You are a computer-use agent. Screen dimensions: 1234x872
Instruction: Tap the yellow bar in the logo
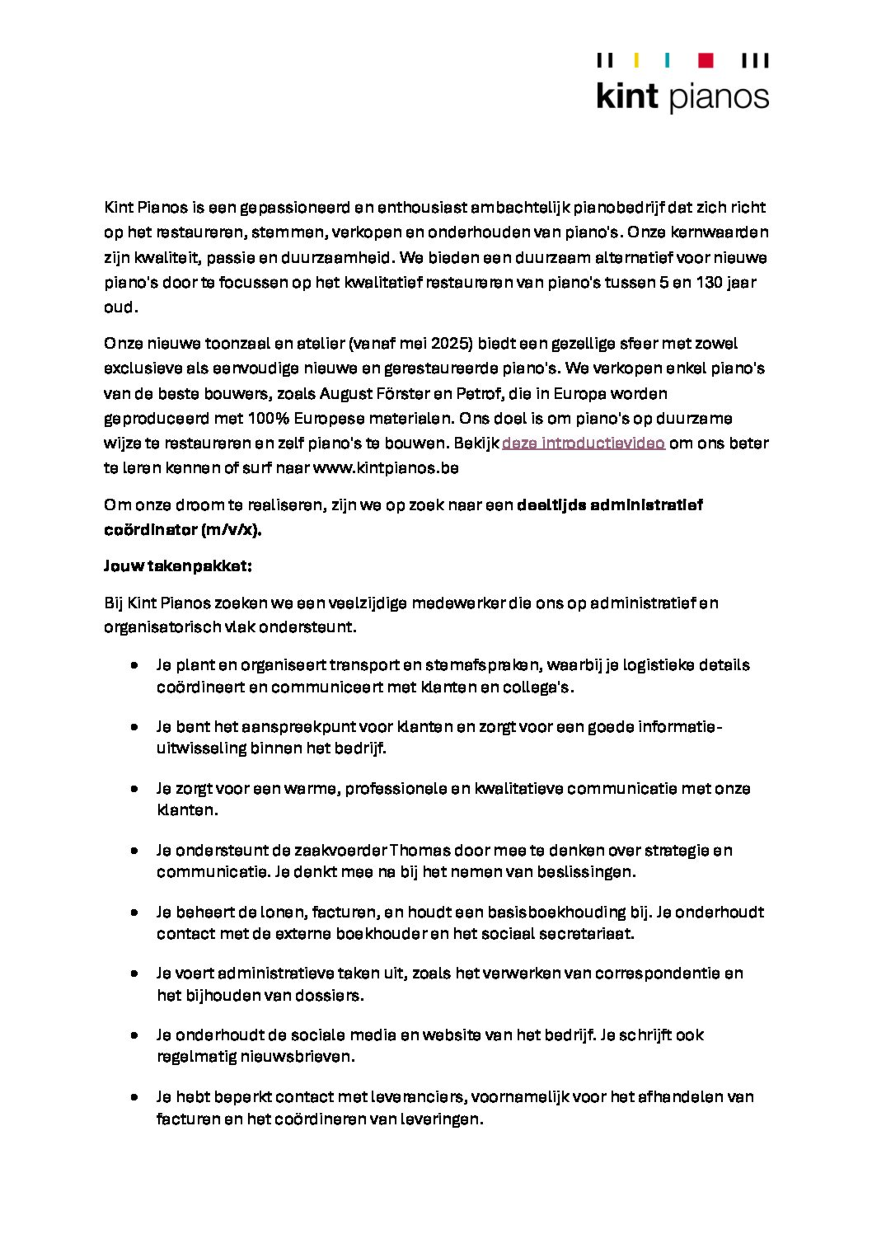tap(637, 60)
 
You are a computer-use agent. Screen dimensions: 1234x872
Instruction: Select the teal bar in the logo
tap(667, 60)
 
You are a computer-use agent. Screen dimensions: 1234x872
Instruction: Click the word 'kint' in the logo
tap(627, 97)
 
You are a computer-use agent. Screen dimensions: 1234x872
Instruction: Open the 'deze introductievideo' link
tap(583, 443)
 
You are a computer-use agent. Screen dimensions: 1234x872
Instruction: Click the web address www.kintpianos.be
tap(386, 468)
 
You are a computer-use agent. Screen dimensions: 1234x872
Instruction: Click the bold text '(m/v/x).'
tap(231, 530)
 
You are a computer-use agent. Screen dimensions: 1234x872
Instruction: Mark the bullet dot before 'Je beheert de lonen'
tap(134, 912)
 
